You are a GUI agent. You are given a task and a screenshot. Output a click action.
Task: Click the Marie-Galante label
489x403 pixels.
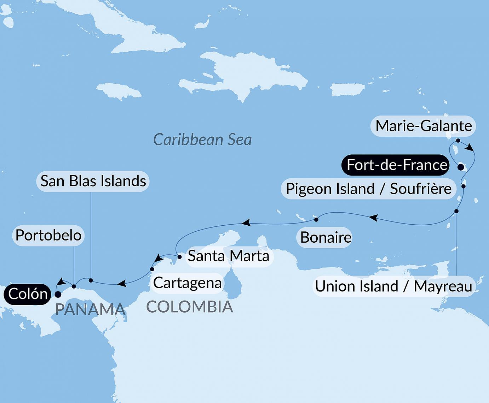point(423,126)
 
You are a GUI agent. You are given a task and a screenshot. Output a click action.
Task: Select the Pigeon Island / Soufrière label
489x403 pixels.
point(368,189)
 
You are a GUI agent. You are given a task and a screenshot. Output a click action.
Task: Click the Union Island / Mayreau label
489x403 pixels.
point(393,286)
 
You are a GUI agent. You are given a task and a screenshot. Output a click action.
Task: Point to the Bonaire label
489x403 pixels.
point(326,237)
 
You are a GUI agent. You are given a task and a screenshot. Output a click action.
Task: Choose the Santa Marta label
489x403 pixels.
point(228,256)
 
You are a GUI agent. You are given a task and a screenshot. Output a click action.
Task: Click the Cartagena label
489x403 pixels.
point(187,283)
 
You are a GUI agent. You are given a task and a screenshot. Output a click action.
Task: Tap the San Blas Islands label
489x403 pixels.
point(93,181)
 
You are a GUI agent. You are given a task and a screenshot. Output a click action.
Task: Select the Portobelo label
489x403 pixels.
point(48,235)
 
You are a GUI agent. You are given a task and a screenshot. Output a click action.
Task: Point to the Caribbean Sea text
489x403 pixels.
point(202,140)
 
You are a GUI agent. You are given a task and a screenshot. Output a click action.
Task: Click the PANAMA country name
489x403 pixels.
point(91,310)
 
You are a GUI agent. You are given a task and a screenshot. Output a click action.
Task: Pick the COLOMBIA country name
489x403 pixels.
point(190,307)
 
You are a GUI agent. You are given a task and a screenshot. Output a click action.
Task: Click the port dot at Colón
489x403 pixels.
point(58,294)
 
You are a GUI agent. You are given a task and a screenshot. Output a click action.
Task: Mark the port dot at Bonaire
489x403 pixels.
point(316,220)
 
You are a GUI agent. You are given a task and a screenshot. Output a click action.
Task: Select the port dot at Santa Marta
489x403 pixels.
point(179,257)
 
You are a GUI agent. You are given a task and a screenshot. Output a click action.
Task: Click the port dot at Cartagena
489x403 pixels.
point(152,269)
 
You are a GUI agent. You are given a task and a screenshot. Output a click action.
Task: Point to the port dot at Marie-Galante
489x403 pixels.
point(458,141)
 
